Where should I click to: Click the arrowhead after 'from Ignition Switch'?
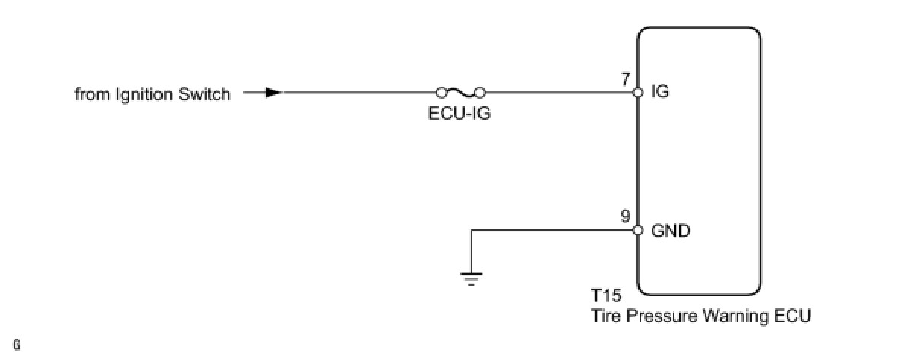pyautogui.click(x=273, y=93)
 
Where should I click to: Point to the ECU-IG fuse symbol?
pyautogui.click(x=459, y=93)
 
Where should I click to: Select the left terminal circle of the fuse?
pyautogui.click(x=441, y=93)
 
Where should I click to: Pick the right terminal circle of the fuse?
pyautogui.click(x=479, y=93)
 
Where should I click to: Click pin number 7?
pyautogui.click(x=625, y=78)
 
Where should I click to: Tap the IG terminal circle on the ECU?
pyautogui.click(x=637, y=93)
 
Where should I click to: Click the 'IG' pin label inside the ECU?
pyautogui.click(x=660, y=93)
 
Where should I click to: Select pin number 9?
pyautogui.click(x=625, y=216)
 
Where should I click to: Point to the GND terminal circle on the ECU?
pyautogui.click(x=637, y=231)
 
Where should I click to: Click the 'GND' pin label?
pyautogui.click(x=671, y=231)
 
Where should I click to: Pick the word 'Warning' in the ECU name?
pyautogui.click(x=734, y=315)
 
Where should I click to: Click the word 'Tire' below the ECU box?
pyautogui.click(x=605, y=315)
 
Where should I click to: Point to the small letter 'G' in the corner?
pyautogui.click(x=17, y=346)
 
